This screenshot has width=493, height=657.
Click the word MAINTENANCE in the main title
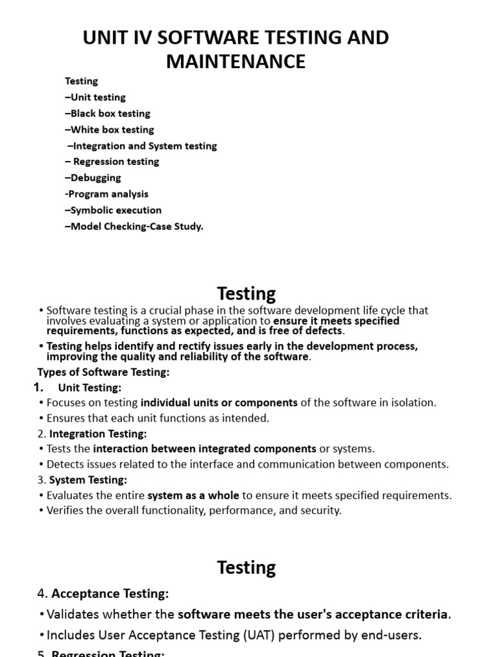pyautogui.click(x=236, y=62)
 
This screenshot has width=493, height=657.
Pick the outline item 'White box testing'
pyautogui.click(x=110, y=130)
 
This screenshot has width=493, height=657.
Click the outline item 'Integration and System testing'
pyautogui.click(x=142, y=146)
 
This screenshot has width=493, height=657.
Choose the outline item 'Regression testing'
pyautogui.click(x=113, y=162)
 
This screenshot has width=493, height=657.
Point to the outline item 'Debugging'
pyautogui.click(x=93, y=178)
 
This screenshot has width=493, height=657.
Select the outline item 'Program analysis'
pyautogui.click(x=107, y=194)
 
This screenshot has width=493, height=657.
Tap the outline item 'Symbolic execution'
pyautogui.click(x=114, y=210)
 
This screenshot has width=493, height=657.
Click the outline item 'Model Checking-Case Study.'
pyautogui.click(x=134, y=226)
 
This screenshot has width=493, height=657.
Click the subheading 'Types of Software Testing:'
pyautogui.click(x=103, y=372)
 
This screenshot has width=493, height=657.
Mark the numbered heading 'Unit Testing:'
pyautogui.click(x=89, y=388)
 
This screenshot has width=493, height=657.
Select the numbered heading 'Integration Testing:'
pyautogui.click(x=98, y=434)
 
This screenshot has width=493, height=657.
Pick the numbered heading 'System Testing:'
pyautogui.click(x=89, y=480)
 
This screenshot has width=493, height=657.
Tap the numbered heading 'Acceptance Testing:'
pyautogui.click(x=110, y=593)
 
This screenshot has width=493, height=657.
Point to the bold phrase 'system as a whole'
pyautogui.click(x=193, y=495)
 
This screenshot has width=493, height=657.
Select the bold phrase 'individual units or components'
pyautogui.click(x=219, y=403)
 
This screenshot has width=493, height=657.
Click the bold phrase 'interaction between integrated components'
pyautogui.click(x=205, y=449)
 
